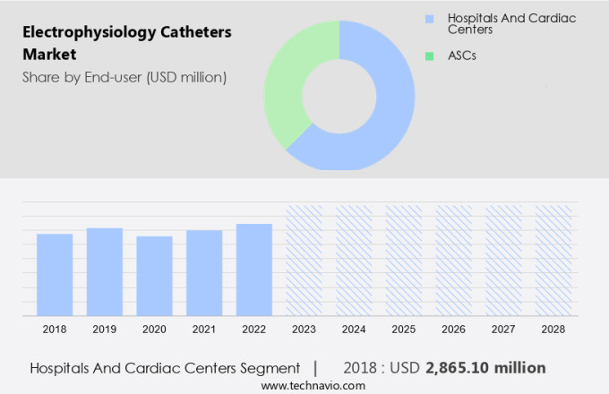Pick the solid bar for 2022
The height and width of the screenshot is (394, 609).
[x=254, y=270]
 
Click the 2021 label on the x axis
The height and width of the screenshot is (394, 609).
[x=204, y=330]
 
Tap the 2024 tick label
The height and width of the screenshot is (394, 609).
[x=354, y=330]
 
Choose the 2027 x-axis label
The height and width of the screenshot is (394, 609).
[x=503, y=330]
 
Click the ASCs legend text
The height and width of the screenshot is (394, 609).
[x=462, y=56]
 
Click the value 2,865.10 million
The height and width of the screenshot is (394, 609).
[x=485, y=368]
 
